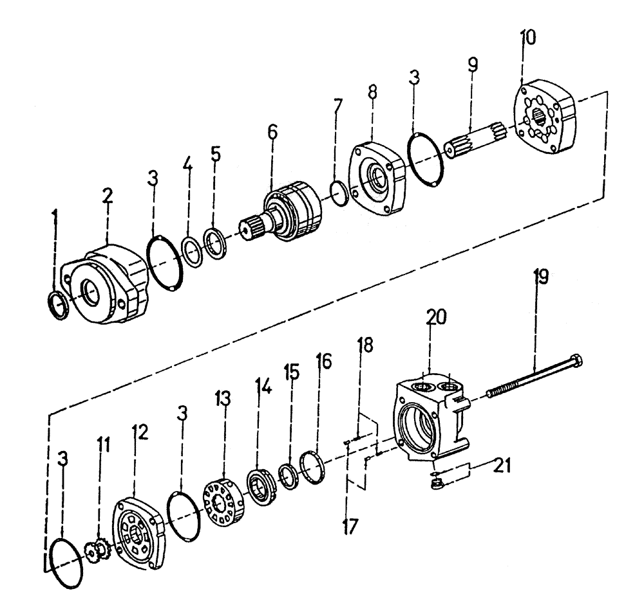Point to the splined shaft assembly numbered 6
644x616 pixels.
coord(290,209)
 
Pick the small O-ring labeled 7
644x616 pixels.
coord(338,191)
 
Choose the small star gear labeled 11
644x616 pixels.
coord(98,550)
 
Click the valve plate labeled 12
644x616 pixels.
coord(138,532)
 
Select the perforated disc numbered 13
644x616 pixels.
coord(222,499)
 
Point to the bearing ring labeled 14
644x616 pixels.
coord(263,487)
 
